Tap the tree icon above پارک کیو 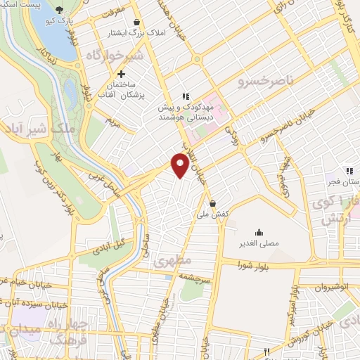click(x=58, y=10)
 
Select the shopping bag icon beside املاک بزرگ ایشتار click(x=155, y=22)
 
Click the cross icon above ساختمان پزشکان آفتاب click(x=121, y=74)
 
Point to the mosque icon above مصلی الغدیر click(x=259, y=232)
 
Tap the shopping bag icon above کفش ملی click(x=231, y=205)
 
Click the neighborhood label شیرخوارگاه click(x=115, y=56)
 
